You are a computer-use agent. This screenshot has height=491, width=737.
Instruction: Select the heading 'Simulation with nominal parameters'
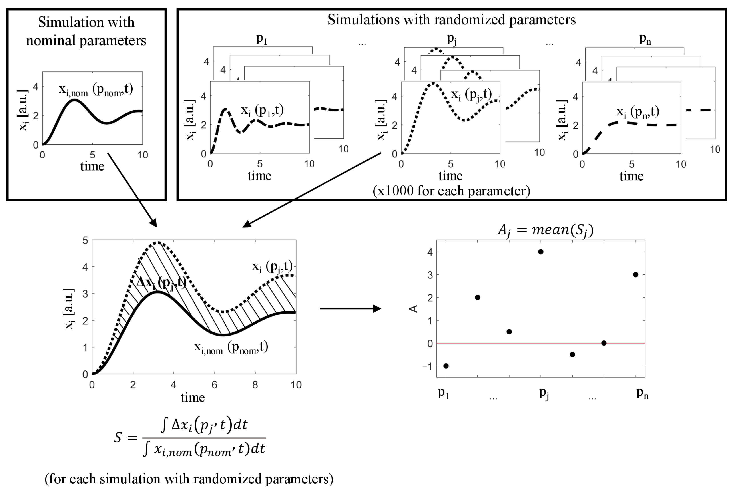point(86,31)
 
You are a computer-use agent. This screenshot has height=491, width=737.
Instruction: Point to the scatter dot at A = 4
point(540,252)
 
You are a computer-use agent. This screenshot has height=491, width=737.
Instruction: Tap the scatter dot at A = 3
point(635,275)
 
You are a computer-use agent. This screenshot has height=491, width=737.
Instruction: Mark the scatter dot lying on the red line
point(604,343)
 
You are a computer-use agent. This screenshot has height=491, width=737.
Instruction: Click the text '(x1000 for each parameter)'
point(451,191)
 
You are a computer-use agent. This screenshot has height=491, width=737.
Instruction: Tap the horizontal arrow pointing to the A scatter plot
point(350,309)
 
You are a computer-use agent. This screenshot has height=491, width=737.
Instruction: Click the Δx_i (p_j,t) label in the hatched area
point(161,283)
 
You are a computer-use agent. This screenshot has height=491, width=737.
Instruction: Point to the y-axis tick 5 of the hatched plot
point(85,240)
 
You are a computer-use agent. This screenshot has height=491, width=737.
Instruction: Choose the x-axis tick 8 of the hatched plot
point(255,385)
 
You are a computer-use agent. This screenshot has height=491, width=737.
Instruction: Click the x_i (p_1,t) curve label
point(262,110)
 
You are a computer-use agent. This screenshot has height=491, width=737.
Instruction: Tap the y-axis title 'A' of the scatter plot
point(414,309)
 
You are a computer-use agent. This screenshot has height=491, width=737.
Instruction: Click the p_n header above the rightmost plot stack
point(645,39)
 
